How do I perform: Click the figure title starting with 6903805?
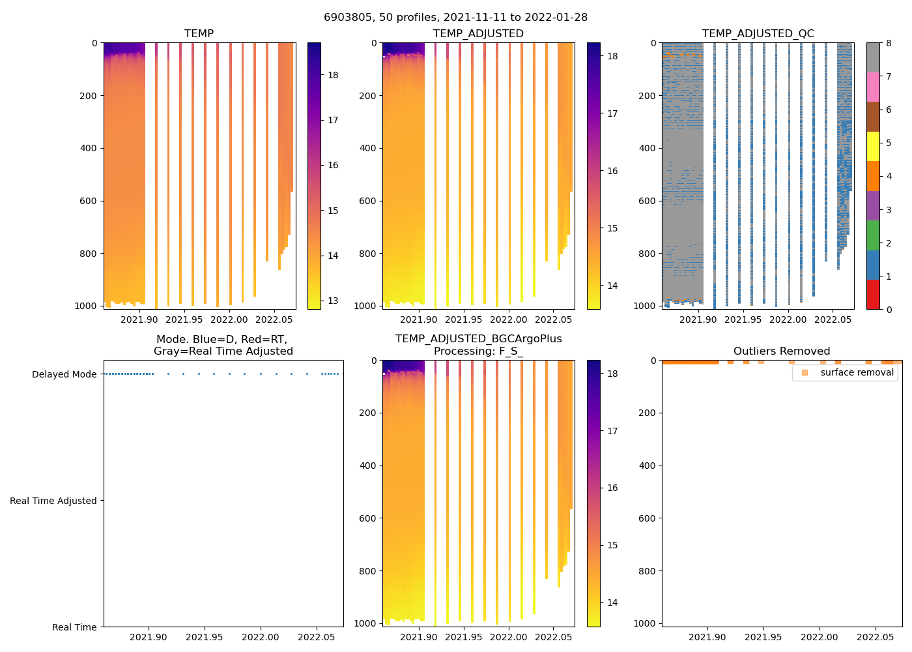coord(455,18)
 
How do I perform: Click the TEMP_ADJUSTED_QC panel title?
coord(758,33)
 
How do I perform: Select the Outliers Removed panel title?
coord(781,351)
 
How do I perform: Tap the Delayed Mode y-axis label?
coord(64,374)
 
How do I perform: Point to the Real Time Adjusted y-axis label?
coord(53,501)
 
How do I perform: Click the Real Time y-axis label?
coord(74,627)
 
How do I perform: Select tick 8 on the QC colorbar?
coord(889,43)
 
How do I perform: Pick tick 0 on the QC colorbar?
coord(889,309)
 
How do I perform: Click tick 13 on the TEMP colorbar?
coord(333,301)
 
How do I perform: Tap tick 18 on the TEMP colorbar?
coord(333,75)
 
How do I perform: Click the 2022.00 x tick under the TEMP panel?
coord(229,319)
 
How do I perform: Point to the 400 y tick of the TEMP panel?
coord(89,148)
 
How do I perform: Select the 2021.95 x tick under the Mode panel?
coord(205,637)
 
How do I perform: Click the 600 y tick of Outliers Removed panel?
coord(646,518)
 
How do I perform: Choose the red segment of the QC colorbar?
coord(873,294)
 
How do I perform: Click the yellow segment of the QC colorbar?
coord(873,146)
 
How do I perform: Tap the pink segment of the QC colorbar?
coord(873,87)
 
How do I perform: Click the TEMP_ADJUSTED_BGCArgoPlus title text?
coord(478,339)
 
